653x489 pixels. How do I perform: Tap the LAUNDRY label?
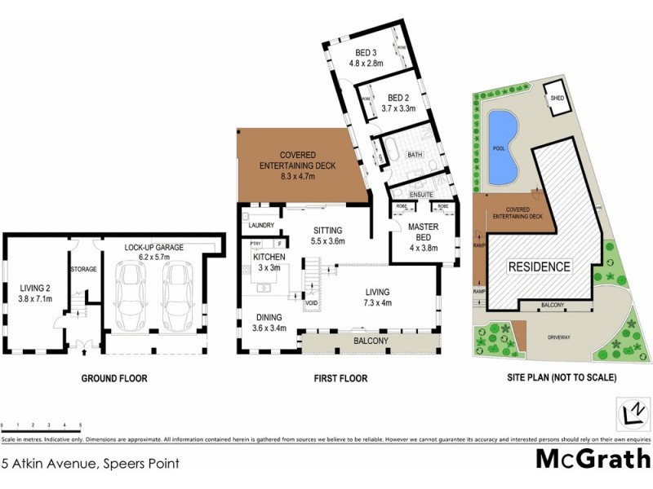coord(261,225)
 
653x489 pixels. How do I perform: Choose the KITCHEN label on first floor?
coord(269,257)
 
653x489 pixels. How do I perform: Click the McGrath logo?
coord(593,458)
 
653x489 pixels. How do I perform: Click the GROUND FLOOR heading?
coord(113,378)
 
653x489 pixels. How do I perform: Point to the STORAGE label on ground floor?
coord(83,269)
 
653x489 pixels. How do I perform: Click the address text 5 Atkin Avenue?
coord(90,464)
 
